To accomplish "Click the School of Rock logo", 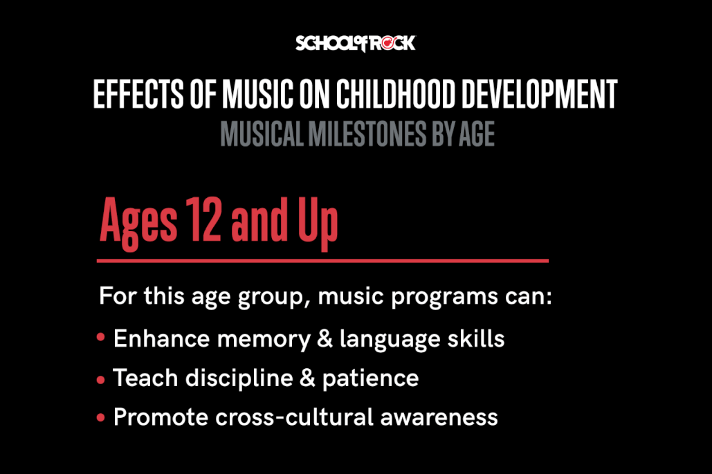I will [356, 44].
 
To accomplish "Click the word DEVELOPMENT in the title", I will [546, 95].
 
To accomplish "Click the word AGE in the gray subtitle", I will [476, 134].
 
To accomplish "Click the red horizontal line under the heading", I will [322, 261].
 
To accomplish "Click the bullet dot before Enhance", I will [101, 339].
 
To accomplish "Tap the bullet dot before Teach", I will [101, 379].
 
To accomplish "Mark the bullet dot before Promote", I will [101, 417].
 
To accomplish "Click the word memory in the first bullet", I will [257, 340].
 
